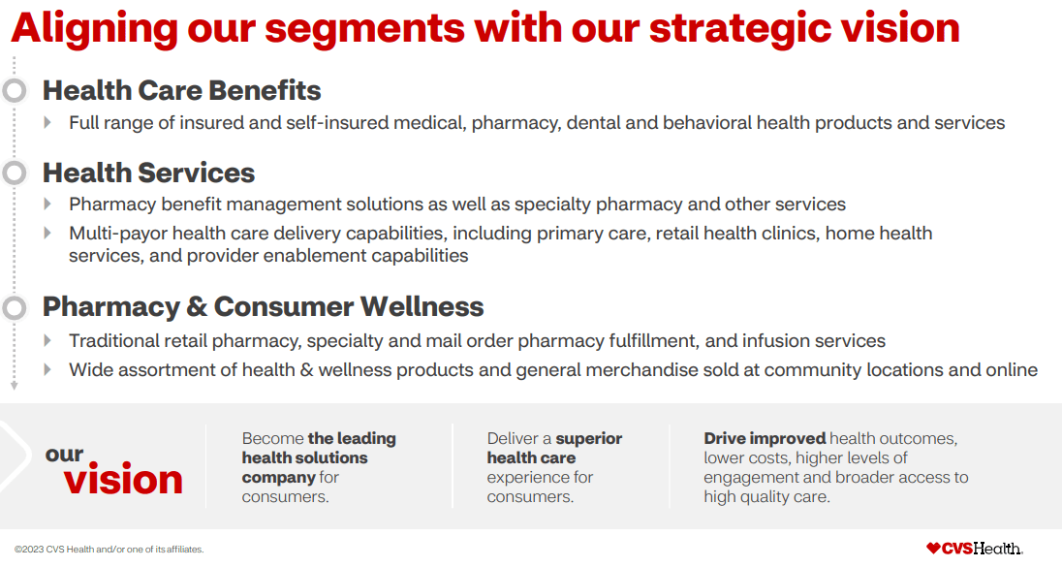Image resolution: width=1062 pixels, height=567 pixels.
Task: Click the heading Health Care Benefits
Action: click(x=181, y=90)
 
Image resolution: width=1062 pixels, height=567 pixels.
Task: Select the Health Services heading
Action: click(x=148, y=173)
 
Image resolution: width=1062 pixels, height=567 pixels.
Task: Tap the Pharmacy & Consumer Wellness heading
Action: click(x=263, y=307)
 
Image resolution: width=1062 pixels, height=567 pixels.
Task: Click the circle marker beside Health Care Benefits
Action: click(x=15, y=90)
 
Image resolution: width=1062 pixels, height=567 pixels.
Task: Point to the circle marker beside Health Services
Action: click(x=15, y=173)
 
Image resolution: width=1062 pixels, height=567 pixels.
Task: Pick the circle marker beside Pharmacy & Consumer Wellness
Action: click(x=15, y=307)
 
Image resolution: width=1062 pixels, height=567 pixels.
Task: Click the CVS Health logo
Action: click(x=975, y=548)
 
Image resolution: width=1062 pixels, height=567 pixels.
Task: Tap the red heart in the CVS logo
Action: click(x=933, y=548)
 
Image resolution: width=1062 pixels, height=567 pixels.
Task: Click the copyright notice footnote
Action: click(x=109, y=550)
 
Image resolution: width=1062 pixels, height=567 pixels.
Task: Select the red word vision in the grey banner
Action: click(x=123, y=480)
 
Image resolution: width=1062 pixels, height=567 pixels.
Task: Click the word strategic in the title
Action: click(x=740, y=28)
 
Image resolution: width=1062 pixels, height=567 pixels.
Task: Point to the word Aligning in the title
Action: click(x=94, y=30)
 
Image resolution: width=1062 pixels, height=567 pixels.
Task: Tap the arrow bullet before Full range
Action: click(x=47, y=123)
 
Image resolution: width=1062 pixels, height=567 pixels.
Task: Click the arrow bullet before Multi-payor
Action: click(x=47, y=233)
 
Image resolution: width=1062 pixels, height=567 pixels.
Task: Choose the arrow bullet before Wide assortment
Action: click(x=47, y=370)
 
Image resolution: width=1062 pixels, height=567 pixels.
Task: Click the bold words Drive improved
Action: click(x=765, y=439)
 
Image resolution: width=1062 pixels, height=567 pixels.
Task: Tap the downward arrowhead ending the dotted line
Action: click(x=15, y=386)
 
